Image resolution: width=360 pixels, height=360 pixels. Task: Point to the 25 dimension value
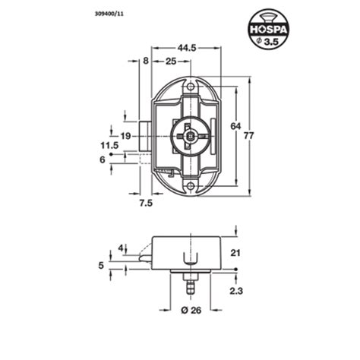coord(170,61)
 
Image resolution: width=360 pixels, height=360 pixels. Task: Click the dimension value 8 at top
coord(144,61)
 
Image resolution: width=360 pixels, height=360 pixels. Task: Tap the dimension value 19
coord(125,136)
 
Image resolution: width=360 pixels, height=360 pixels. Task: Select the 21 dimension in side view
coord(235,253)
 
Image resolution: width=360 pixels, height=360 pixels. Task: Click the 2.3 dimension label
coord(235,289)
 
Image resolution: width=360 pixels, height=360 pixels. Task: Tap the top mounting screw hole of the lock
coord(190,87)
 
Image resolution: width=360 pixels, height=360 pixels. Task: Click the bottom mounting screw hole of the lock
coord(190,182)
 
